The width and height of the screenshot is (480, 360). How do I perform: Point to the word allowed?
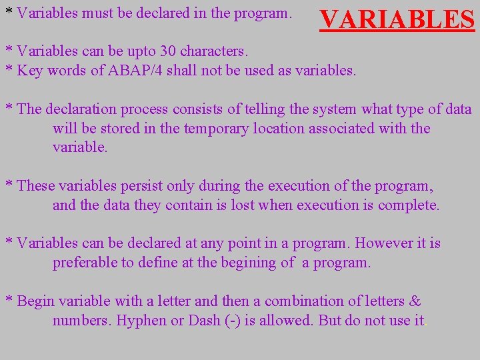[286, 321]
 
